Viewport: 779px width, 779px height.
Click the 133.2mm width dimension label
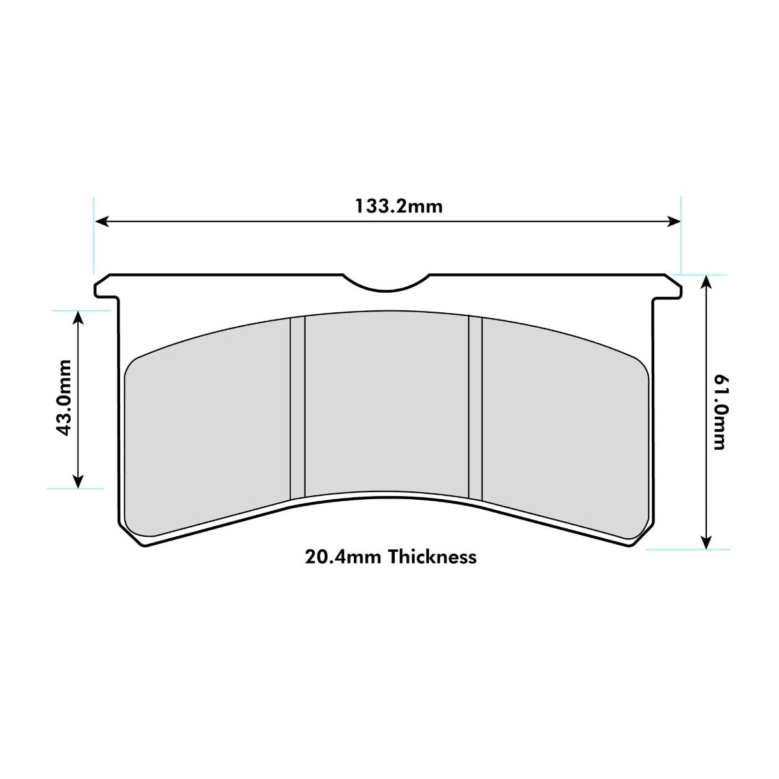[398, 206]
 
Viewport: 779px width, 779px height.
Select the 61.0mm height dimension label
[719, 412]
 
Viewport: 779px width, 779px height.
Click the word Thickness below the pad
[432, 557]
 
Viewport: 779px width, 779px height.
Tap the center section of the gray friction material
[386, 402]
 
